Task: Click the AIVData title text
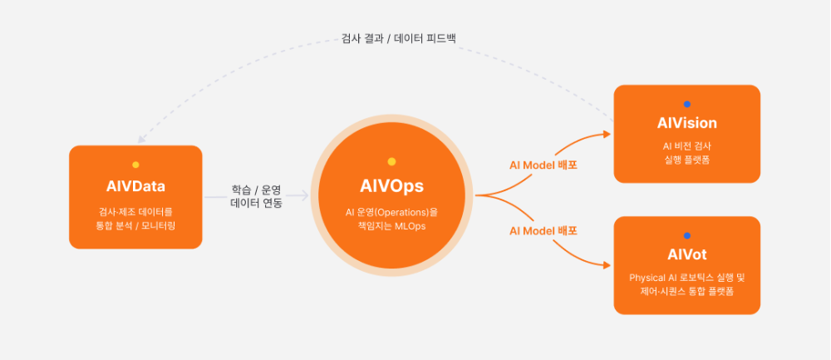135,185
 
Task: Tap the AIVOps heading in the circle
391,186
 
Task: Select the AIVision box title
686,123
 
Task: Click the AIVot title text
686,254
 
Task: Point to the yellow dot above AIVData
135,165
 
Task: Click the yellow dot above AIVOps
391,161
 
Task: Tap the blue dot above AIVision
686,104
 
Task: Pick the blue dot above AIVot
686,235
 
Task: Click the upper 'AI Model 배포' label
543,165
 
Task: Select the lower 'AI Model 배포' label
543,230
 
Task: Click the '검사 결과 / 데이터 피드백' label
399,38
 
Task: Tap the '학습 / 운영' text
256,190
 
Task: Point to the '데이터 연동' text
256,203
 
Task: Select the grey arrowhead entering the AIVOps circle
305,196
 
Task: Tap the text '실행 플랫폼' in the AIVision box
686,159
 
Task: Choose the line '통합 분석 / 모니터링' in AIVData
135,225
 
